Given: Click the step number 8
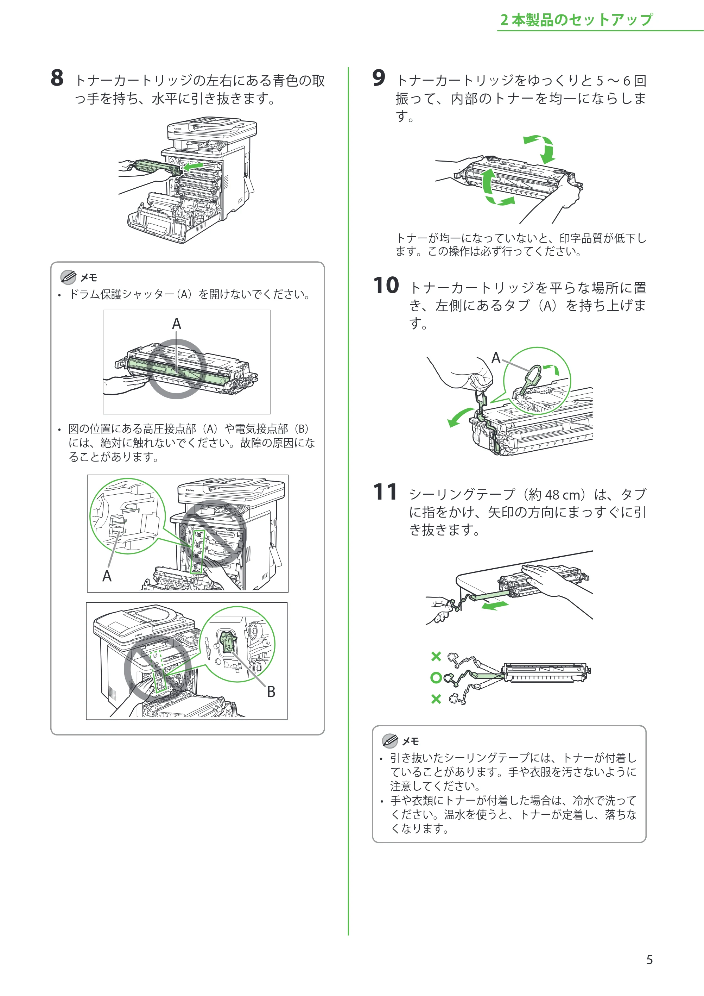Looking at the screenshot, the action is pyautogui.click(x=57, y=78).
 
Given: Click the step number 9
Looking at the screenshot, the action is pyautogui.click(x=379, y=78).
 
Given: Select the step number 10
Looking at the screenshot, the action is pyautogui.click(x=386, y=286).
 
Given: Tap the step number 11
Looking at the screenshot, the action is pyautogui.click(x=385, y=492).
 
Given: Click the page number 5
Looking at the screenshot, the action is pyautogui.click(x=649, y=960).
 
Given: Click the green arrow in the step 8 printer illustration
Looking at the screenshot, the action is pyautogui.click(x=192, y=166).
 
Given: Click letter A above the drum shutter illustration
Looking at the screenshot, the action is pyautogui.click(x=176, y=324).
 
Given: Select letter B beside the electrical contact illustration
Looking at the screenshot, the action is pyautogui.click(x=271, y=691).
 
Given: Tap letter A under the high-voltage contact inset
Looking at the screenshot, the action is pyautogui.click(x=107, y=576).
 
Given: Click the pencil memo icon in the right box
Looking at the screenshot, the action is pyautogui.click(x=390, y=740).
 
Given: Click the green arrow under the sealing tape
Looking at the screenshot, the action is pyautogui.click(x=495, y=605).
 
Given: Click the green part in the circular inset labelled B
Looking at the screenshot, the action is pyautogui.click(x=227, y=641).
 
